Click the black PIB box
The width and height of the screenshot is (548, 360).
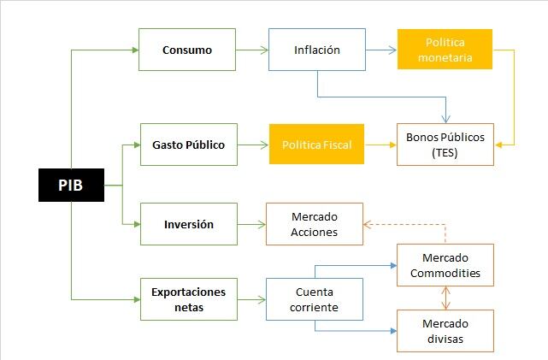click(71, 185)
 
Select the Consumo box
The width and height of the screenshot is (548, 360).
click(187, 50)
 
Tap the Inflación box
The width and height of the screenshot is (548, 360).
click(316, 50)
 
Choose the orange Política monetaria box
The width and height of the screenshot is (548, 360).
click(445, 50)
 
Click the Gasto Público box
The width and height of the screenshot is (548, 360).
click(188, 145)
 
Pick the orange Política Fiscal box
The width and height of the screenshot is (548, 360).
click(317, 145)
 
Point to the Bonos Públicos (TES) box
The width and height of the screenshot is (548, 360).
click(445, 145)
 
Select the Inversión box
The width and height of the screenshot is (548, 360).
click(188, 225)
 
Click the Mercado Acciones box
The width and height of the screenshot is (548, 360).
click(314, 224)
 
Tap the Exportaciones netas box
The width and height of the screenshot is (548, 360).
click(188, 298)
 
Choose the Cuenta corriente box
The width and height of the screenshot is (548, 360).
click(314, 298)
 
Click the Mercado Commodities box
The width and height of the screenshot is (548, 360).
click(445, 265)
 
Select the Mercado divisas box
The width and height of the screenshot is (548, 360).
click(445, 331)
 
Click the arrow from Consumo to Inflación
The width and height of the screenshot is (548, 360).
click(251, 50)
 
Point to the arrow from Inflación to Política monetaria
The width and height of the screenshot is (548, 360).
click(381, 50)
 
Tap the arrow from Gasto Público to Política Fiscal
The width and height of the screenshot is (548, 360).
click(253, 145)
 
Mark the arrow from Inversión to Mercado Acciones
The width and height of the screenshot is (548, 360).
click(251, 225)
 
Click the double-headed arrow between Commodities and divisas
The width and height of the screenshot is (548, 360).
click(445, 298)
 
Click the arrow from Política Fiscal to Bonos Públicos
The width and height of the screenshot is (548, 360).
click(381, 145)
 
